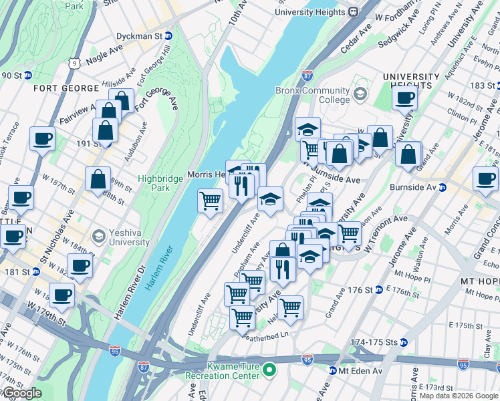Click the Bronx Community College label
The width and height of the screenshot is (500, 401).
pos(312,95)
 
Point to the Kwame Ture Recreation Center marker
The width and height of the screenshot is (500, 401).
pos(269,369)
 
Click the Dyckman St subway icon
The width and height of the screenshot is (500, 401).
pos(168,35)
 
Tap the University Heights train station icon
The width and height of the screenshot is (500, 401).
pos(352,11)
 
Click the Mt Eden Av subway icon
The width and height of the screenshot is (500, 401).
pos(332,371)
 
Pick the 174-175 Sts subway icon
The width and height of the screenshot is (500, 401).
pos(402,342)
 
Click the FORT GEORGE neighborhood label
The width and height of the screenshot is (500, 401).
pos(57,88)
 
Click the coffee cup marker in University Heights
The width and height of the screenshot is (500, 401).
pos(403,99)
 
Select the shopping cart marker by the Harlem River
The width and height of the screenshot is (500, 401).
pos(211,199)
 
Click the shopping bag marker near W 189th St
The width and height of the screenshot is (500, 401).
pos(98,179)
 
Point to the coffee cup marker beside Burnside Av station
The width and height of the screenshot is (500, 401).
pos(485,178)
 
